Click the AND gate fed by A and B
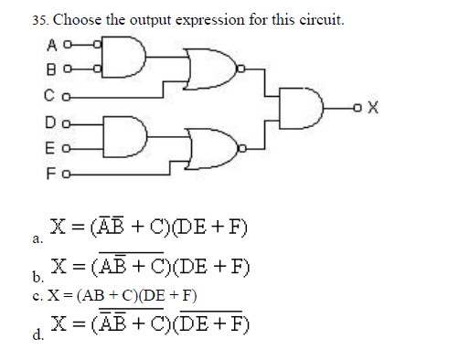[x=123, y=57]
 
